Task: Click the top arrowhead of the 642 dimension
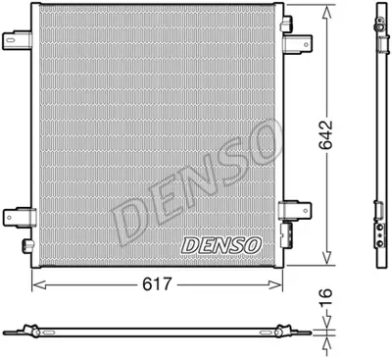[325, 9]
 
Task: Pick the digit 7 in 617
[173, 285]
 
